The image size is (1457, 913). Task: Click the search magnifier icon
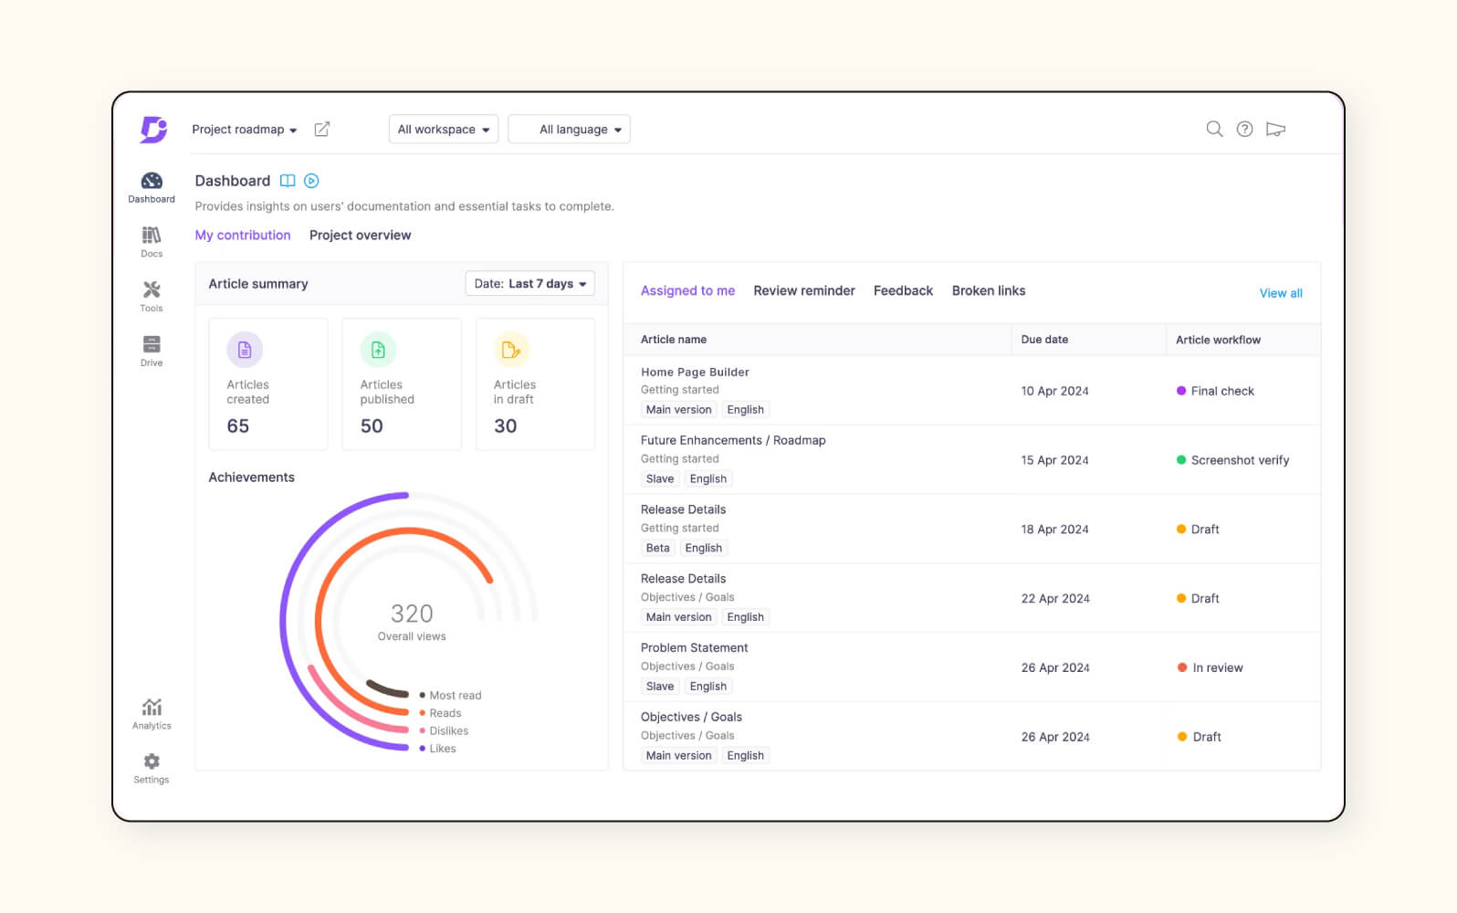click(1214, 129)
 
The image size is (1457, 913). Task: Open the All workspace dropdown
click(444, 130)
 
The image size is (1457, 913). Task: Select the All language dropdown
click(570, 130)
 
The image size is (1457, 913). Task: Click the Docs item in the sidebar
click(152, 242)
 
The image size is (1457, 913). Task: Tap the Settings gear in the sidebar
click(152, 767)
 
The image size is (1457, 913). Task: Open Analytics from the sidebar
click(152, 713)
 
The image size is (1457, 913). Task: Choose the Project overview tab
click(360, 236)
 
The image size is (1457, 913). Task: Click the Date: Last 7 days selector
click(529, 284)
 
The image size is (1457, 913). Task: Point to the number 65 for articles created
click(238, 426)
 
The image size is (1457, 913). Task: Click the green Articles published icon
click(378, 350)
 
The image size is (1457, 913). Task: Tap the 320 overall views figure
click(412, 614)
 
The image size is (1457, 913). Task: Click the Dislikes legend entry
click(448, 731)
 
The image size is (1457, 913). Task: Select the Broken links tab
click(988, 291)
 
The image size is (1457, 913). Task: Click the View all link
click(1280, 293)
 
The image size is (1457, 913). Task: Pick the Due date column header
click(1044, 340)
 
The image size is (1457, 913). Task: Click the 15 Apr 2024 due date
click(1054, 460)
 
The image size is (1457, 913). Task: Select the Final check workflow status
click(1221, 391)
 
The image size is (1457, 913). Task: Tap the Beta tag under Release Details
click(657, 549)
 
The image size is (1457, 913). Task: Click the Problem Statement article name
click(694, 648)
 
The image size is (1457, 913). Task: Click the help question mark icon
click(1244, 129)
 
